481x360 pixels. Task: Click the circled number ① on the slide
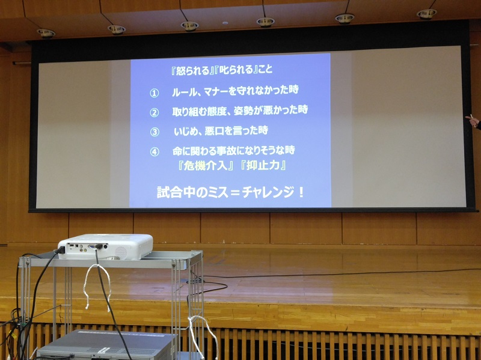(155, 93)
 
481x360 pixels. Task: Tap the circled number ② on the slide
(155, 112)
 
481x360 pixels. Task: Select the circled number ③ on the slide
(155, 132)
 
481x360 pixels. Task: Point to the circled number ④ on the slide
(155, 151)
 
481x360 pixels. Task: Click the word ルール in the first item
(183, 92)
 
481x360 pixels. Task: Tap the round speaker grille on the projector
(121, 252)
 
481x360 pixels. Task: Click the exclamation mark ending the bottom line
(301, 192)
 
